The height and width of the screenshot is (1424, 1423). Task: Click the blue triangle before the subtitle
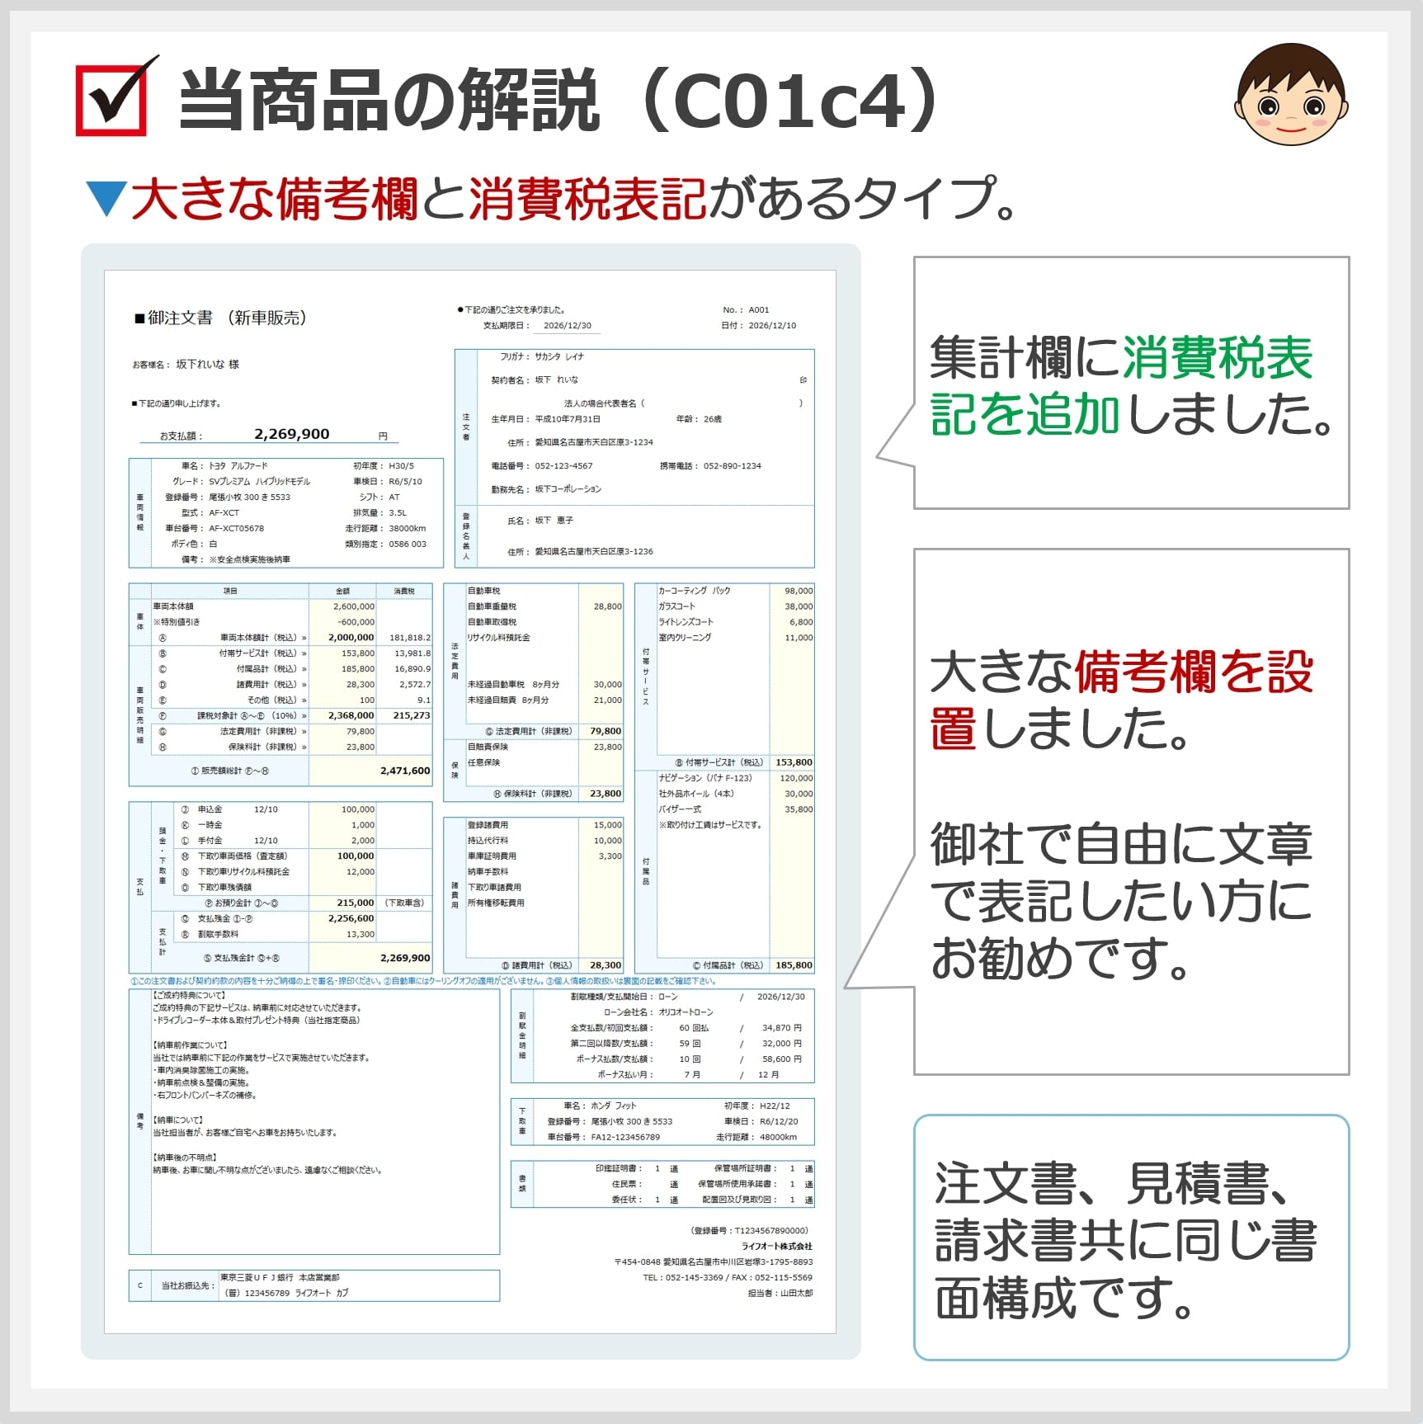tap(106, 199)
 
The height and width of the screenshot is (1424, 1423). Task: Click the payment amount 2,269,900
tap(291, 434)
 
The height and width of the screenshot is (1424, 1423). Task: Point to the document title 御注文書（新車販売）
tap(220, 318)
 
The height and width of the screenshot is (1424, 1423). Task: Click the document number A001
tap(758, 310)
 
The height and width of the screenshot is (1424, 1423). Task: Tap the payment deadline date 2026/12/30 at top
tap(568, 326)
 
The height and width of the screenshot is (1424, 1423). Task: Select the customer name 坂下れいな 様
tap(207, 364)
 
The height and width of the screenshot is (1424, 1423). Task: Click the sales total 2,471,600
tap(405, 771)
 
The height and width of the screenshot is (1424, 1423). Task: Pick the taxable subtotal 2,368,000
tap(351, 715)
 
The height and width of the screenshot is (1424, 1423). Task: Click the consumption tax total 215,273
tap(412, 715)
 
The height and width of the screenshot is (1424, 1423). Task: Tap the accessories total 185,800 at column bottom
tap(794, 965)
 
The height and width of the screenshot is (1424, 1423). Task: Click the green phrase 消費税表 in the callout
tap(1217, 358)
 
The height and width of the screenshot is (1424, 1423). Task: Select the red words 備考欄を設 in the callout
tap(1193, 672)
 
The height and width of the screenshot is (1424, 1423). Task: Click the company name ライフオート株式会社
tap(776, 1246)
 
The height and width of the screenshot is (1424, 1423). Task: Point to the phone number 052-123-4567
tap(563, 466)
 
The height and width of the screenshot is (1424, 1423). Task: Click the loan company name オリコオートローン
tap(686, 1012)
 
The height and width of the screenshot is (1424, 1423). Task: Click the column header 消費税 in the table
tap(404, 591)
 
